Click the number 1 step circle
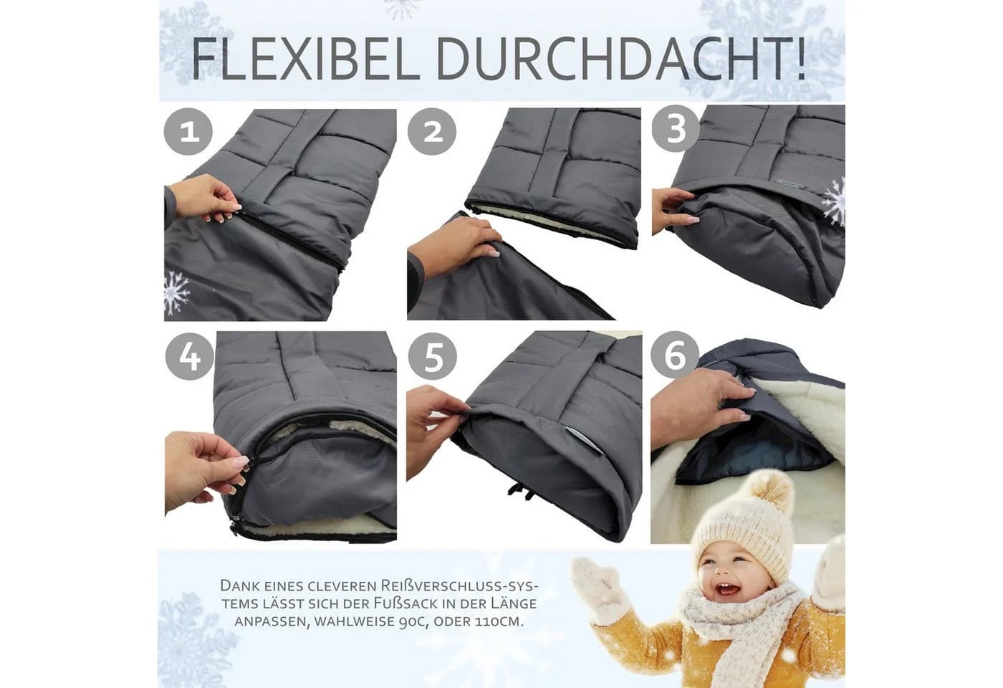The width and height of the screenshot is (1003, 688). tap(188, 132)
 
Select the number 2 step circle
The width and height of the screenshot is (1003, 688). tap(432, 132)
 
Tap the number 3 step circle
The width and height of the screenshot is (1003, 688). tap(675, 129)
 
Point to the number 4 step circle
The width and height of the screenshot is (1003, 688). tap(189, 357)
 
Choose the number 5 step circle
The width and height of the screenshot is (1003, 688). tap(433, 357)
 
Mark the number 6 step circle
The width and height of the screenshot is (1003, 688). tap(675, 355)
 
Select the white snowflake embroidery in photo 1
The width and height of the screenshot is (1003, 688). tap(176, 292)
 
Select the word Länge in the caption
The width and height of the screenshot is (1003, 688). tap(513, 603)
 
